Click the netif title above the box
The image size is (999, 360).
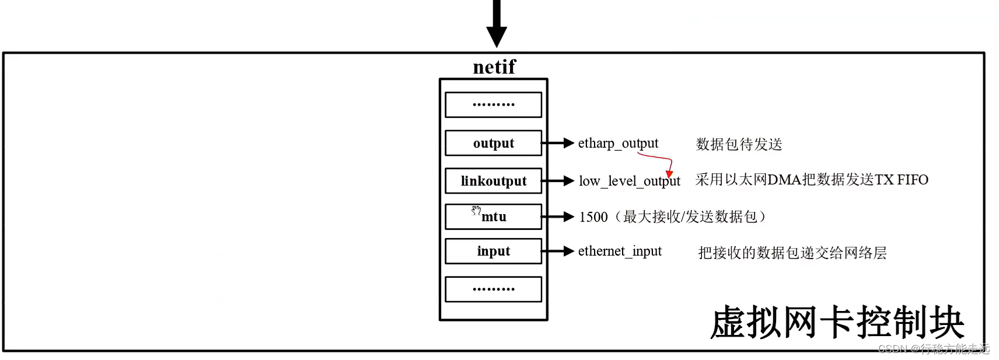494,67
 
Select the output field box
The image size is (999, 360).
493,143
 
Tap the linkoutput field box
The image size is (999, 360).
493,181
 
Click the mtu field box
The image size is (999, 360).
494,217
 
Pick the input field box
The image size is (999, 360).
493,251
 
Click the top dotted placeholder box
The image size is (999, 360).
493,105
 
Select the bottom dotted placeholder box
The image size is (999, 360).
493,289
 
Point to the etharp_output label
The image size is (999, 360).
618,144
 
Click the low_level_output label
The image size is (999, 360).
629,181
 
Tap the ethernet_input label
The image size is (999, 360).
620,251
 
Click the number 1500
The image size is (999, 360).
593,217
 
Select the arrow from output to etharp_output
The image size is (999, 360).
558,143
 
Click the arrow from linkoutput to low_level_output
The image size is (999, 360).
558,181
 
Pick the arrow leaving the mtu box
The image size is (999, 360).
558,217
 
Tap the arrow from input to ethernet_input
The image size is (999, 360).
558,251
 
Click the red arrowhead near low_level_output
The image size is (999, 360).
669,174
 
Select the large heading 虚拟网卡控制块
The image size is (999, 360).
837,322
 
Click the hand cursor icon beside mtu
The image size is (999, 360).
476,210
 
